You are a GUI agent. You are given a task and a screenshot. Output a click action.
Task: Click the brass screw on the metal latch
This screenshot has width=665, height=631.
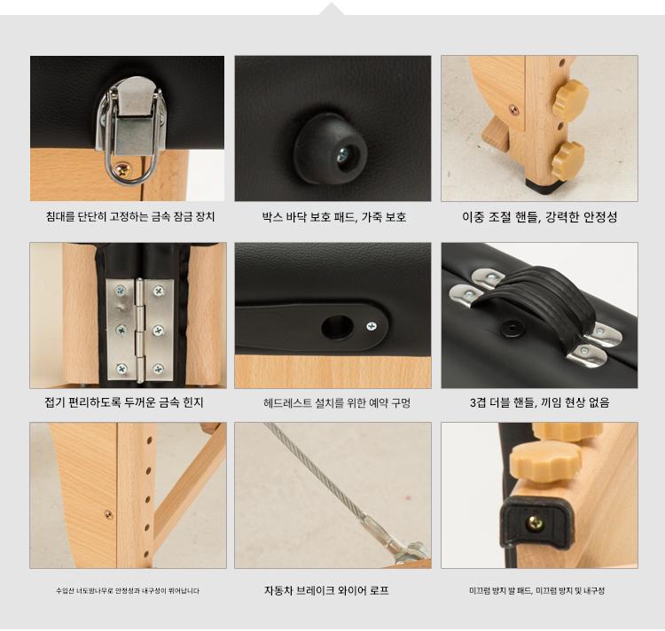[x=124, y=170]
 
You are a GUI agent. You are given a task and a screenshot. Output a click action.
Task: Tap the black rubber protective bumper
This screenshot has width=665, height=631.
[x=331, y=149]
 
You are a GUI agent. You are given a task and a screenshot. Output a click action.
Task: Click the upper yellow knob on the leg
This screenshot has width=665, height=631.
[x=571, y=97]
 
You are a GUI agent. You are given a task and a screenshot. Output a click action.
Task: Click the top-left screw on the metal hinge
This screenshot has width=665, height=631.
[x=121, y=291]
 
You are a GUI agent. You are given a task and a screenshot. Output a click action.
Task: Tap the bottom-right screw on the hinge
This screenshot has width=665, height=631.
[x=159, y=369]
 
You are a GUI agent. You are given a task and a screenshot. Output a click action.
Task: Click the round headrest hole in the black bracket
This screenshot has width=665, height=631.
[x=337, y=327]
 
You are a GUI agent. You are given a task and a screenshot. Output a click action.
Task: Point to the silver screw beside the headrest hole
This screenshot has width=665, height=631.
[x=372, y=326]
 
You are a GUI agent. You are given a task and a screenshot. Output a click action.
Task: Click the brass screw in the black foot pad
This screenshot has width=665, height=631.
[x=535, y=524]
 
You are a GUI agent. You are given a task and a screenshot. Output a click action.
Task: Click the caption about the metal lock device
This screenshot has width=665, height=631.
[x=130, y=217]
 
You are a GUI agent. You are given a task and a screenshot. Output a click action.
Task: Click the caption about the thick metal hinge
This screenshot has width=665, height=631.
[x=124, y=402]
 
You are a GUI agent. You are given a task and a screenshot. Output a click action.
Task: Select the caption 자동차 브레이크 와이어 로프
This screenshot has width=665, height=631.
[x=326, y=590]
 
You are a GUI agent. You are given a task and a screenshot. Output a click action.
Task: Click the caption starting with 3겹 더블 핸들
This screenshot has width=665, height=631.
[x=540, y=402]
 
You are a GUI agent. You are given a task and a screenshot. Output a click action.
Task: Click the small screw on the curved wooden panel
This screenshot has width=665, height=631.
[x=108, y=515]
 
